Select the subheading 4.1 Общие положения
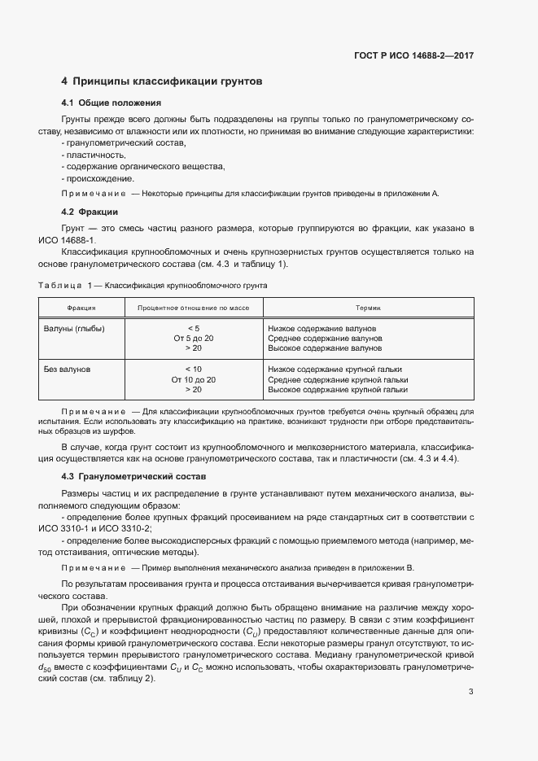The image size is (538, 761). pyautogui.click(x=111, y=103)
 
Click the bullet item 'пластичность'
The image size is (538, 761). pyautogui.click(x=94, y=155)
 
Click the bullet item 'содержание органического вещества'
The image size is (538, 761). pyautogui.click(x=143, y=167)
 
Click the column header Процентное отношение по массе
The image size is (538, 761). pyautogui.click(x=193, y=308)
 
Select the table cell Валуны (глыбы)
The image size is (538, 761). pyautogui.click(x=73, y=327)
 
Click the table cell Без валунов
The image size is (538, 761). pyautogui.click(x=67, y=369)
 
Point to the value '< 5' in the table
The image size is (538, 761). pyautogui.click(x=193, y=327)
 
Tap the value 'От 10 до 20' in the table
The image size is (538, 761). pyautogui.click(x=193, y=379)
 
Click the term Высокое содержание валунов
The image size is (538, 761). pyautogui.click(x=325, y=348)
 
